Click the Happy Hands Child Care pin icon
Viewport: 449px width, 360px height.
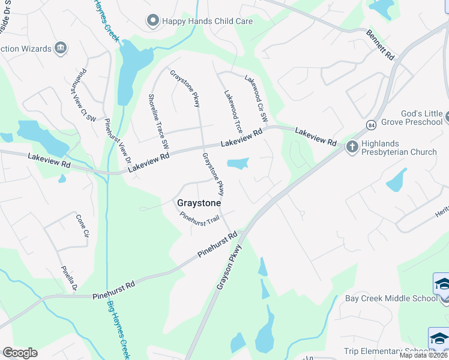(x=152, y=21)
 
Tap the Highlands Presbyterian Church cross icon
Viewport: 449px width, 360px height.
(x=352, y=146)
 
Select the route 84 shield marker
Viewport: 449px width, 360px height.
(x=372, y=125)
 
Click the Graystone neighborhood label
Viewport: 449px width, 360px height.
(x=199, y=203)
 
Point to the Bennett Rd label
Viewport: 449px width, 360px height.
(x=381, y=46)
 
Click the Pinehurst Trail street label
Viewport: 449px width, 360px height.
(x=200, y=220)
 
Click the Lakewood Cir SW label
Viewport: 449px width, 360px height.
(x=256, y=96)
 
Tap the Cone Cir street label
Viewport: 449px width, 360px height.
(x=82, y=226)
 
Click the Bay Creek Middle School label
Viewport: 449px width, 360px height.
(x=391, y=298)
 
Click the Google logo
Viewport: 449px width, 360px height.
(x=20, y=353)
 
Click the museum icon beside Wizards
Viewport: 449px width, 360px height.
(x=59, y=47)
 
